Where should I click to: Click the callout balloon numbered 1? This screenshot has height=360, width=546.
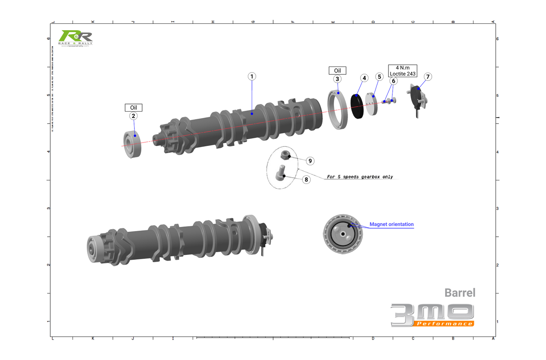252,76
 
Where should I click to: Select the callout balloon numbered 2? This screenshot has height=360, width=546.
133,116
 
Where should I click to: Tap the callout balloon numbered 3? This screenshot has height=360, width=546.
337,79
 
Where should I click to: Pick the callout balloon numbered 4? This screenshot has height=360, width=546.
364,78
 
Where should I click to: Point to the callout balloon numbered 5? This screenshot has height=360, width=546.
379,77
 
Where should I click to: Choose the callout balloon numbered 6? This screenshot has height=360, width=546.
393,81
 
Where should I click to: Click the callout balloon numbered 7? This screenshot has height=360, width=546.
428,77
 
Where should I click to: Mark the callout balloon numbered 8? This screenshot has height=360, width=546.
306,180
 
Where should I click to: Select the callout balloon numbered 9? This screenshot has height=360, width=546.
310,161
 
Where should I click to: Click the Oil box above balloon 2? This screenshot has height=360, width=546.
133,108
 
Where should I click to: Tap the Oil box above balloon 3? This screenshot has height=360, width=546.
337,71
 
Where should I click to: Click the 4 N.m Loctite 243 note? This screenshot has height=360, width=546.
402,71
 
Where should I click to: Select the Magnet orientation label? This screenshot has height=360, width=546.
391,224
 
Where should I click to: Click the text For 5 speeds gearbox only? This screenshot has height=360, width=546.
360,177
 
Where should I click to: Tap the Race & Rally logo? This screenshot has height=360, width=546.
76,38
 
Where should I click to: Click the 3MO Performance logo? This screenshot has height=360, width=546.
432,315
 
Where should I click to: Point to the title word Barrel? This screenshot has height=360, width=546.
459,293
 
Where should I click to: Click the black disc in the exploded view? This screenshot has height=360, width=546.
357,106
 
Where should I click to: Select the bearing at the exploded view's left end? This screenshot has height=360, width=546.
133,144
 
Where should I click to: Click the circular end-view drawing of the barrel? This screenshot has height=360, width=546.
343,234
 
